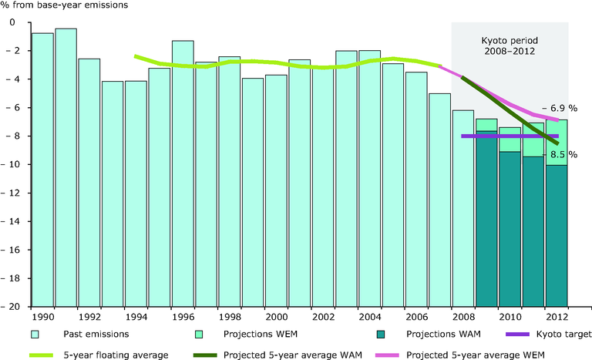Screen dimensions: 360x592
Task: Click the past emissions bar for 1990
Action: click(x=42, y=170)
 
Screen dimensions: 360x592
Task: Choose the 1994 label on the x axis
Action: click(x=136, y=315)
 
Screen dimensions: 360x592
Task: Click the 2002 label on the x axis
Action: click(x=323, y=315)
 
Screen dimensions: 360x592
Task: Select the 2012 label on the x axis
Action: click(x=557, y=315)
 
